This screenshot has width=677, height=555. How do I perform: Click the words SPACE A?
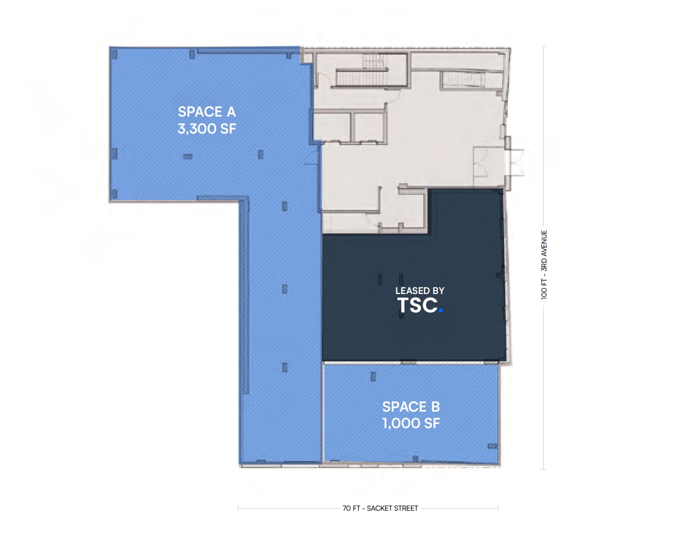point(206,111)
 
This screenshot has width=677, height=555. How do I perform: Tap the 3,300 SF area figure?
point(206,128)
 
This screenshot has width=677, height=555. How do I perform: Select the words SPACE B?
point(411,406)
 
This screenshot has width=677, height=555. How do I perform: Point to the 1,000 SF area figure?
point(411,423)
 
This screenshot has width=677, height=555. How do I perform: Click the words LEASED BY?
point(420,291)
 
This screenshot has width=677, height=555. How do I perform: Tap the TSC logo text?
point(417,305)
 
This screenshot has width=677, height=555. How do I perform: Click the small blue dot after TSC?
point(440,311)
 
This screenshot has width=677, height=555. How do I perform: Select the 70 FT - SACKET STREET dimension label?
point(380,508)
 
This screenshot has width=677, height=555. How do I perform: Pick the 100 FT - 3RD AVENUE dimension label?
point(544,265)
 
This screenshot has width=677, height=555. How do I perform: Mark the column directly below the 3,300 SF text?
point(188,156)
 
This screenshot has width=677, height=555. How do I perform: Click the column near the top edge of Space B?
point(373,377)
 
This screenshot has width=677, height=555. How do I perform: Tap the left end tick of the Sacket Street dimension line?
point(238,508)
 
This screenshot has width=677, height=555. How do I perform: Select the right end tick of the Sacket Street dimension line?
point(498,508)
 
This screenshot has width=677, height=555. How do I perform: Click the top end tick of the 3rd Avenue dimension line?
point(544,46)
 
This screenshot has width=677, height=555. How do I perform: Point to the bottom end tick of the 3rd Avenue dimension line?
point(544,469)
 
